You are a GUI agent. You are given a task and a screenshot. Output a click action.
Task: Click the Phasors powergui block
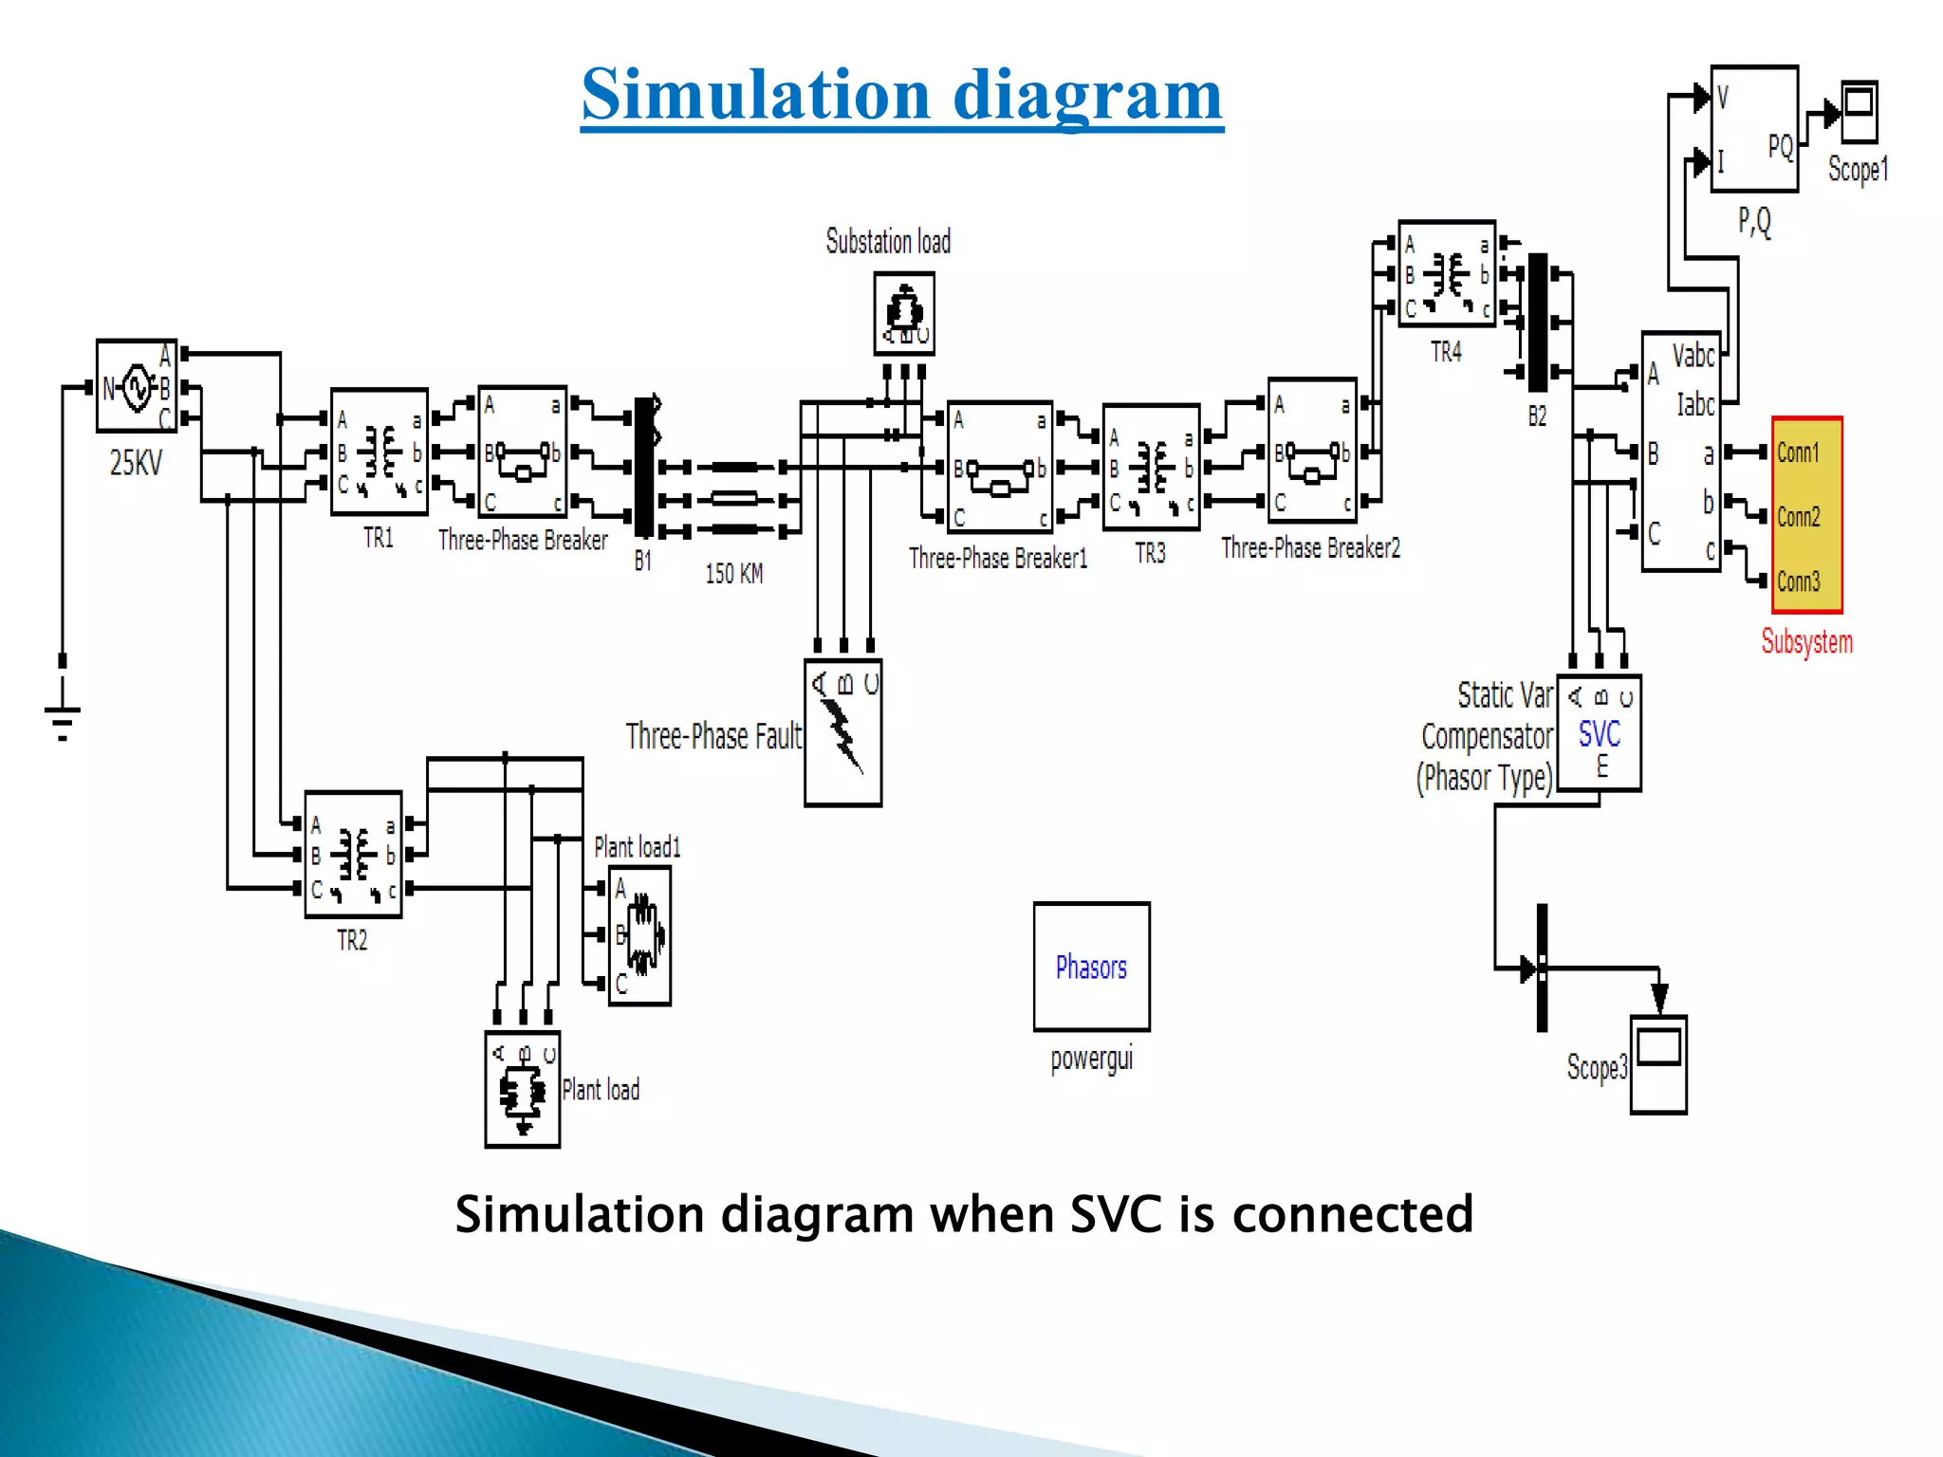(1091, 966)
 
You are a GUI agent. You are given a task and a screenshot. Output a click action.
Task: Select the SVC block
(1599, 733)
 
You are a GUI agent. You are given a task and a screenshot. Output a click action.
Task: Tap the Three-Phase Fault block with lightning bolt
(842, 732)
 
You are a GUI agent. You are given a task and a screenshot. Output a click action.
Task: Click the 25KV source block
(137, 386)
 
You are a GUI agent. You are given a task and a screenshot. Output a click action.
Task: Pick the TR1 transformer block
(379, 452)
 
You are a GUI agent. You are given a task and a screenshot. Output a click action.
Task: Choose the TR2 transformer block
(353, 854)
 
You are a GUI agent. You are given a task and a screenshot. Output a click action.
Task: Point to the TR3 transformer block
(1151, 467)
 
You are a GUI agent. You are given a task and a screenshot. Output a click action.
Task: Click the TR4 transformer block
(1447, 274)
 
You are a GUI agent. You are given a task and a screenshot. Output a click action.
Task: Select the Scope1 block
(1859, 112)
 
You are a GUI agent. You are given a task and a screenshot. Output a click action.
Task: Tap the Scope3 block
(1658, 1063)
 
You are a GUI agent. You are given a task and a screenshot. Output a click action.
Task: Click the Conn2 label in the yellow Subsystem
(1799, 517)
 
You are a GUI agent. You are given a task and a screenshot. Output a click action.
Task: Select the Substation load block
(904, 313)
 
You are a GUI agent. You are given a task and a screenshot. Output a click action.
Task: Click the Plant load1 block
(639, 935)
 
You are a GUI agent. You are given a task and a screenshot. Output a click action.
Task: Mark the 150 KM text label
(733, 574)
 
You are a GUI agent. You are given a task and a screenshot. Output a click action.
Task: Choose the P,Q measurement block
(1753, 129)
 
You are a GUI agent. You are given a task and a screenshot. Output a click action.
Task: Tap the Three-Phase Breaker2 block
(1312, 451)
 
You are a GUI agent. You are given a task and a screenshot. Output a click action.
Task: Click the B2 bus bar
(1538, 323)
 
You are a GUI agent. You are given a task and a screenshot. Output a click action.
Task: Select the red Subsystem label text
(1806, 642)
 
